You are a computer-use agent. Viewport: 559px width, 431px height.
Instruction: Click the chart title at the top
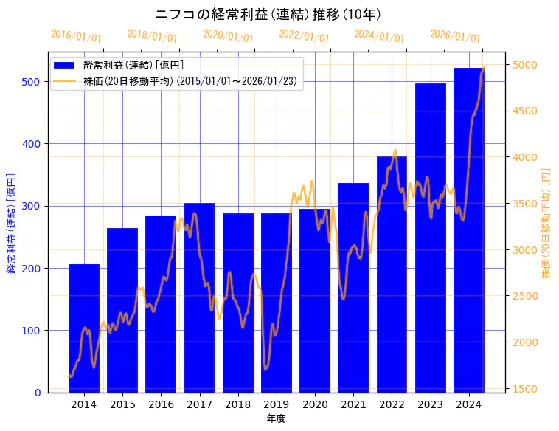(268, 14)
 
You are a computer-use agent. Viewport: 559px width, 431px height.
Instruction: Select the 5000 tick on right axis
(525, 65)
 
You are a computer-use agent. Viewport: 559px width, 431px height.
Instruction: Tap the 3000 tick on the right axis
(525, 250)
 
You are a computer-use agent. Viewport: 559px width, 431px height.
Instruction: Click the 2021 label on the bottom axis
(353, 404)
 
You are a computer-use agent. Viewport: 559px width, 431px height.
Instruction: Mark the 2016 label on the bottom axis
(161, 404)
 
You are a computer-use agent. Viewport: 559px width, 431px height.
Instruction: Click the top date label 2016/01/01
(77, 36)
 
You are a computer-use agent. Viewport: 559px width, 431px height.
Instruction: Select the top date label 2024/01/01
(380, 36)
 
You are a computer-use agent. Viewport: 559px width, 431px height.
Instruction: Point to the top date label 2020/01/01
(228, 36)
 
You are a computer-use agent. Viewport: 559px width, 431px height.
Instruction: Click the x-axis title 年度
(276, 418)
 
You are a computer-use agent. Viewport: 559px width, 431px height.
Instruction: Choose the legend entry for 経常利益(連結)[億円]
(133, 66)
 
